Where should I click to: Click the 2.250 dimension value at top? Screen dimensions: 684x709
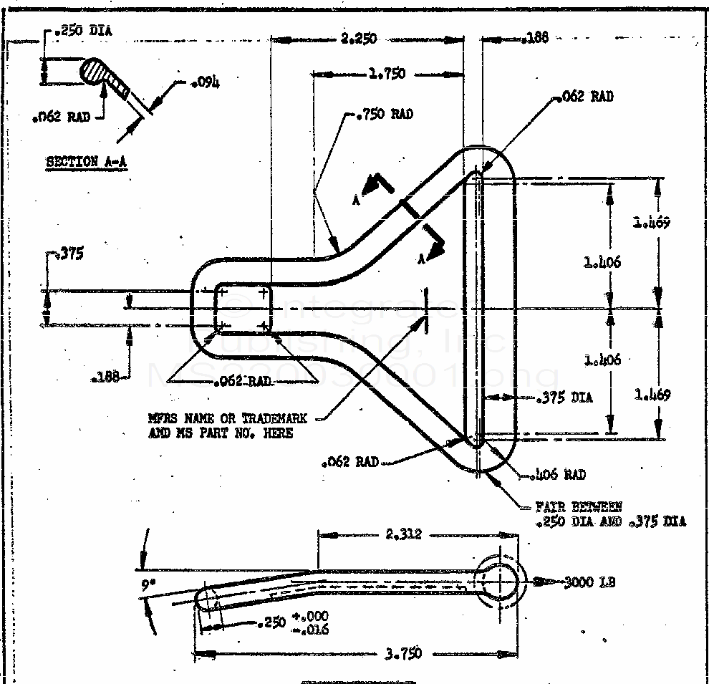359,39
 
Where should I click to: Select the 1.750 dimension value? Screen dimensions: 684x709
387,73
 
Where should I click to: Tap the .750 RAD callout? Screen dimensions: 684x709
385,114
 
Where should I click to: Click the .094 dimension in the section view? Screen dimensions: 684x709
206,83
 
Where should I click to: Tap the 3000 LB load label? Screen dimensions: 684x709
589,582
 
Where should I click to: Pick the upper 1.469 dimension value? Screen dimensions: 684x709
651,222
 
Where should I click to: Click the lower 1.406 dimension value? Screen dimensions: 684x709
602,360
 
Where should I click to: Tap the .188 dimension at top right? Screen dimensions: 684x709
536,38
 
